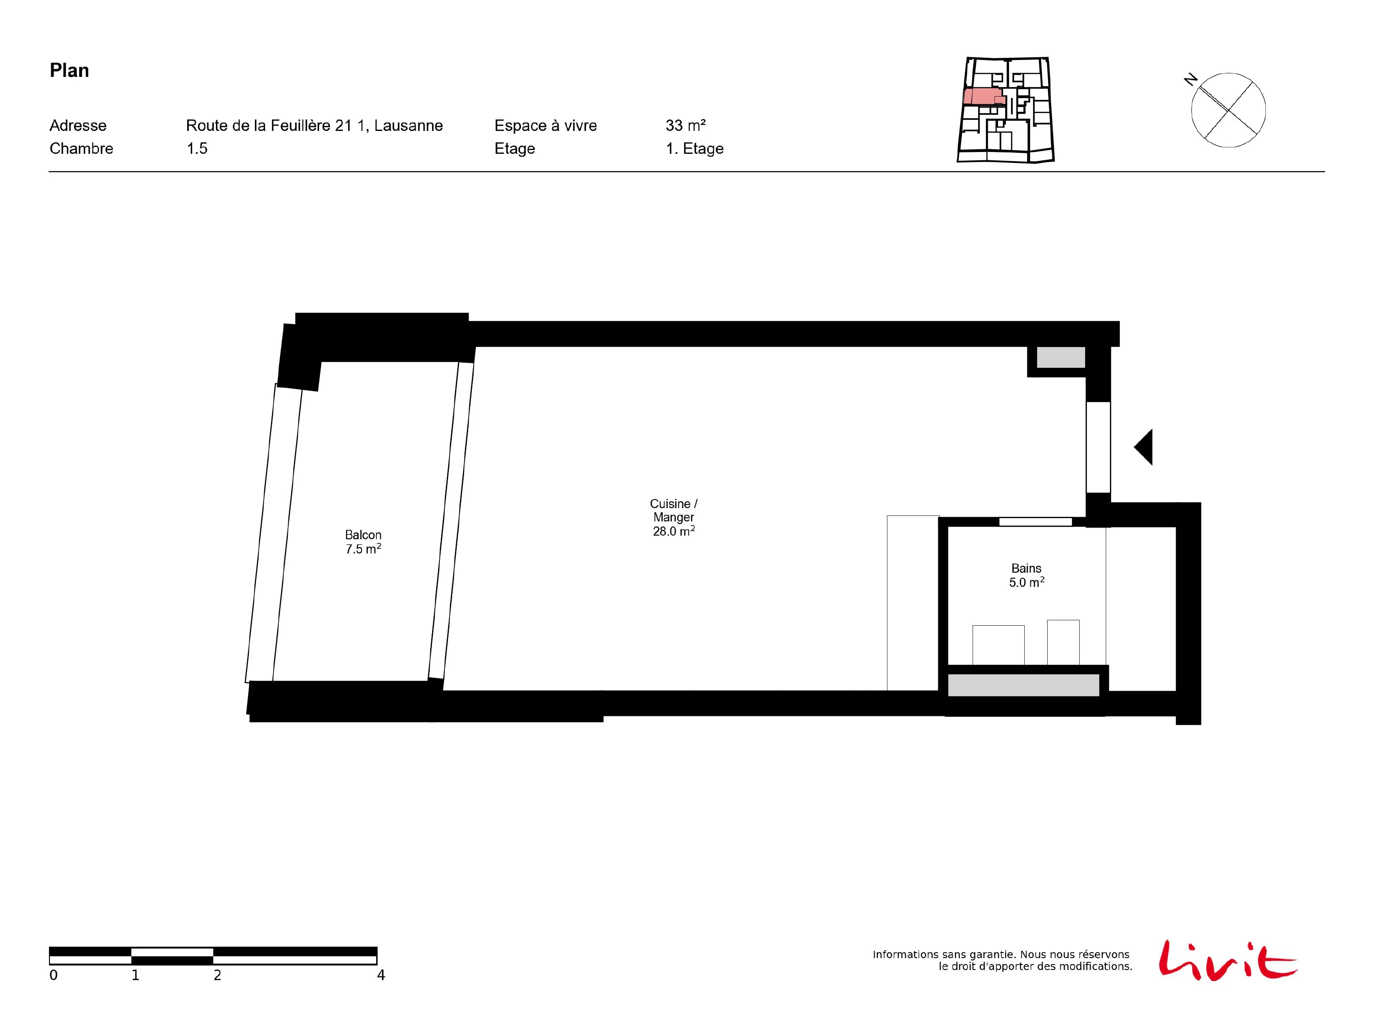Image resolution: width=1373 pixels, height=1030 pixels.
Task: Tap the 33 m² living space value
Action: point(685,125)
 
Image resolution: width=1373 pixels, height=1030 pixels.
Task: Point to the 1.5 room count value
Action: point(197,148)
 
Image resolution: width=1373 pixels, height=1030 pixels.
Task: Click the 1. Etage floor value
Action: point(695,148)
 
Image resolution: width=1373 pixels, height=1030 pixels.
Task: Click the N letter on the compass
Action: point(1190,80)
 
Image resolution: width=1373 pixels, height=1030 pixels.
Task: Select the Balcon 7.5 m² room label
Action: point(363,542)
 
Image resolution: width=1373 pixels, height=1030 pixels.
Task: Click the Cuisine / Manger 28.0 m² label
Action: point(674,517)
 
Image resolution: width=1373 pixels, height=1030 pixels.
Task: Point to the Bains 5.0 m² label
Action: point(1027,575)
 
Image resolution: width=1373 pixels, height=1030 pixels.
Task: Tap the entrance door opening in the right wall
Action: point(1098,447)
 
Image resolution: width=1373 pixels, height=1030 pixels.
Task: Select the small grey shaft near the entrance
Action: point(1061,358)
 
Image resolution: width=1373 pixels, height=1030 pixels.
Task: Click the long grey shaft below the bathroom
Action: point(1023,685)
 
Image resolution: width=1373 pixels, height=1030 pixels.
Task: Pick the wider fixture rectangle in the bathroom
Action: point(998,645)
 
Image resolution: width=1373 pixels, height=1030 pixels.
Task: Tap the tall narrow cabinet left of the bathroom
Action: point(913,603)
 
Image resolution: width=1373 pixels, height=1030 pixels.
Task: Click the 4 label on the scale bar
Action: point(381,976)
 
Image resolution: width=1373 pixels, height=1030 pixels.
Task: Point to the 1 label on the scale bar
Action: point(135,976)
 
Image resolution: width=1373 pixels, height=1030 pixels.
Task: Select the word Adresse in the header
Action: point(78,125)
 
